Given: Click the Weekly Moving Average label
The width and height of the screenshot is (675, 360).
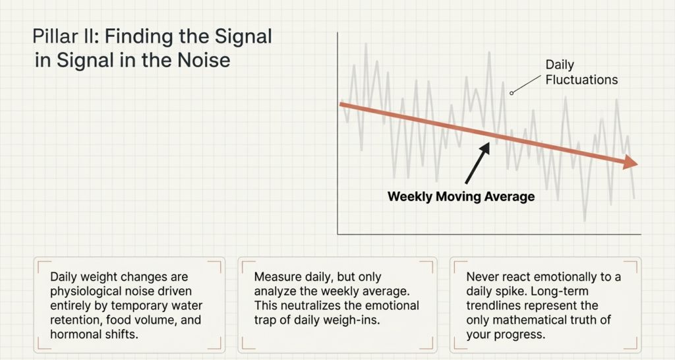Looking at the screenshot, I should pyautogui.click(x=461, y=196).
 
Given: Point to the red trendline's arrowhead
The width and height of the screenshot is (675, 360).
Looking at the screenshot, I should pyautogui.click(x=630, y=163).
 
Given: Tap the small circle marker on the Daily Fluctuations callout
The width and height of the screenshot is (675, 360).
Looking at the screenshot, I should pyautogui.click(x=512, y=93).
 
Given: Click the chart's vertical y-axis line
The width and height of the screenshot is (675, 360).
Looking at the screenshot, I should pyautogui.click(x=337, y=132).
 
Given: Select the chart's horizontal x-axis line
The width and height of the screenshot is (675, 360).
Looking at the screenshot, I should pyautogui.click(x=488, y=234).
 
